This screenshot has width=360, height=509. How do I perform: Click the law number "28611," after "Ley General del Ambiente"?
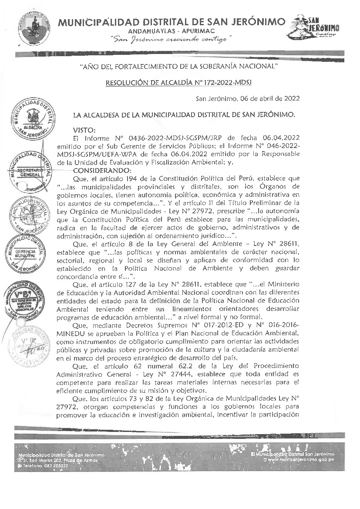point(286,244)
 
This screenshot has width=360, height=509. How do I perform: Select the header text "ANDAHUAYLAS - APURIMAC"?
point(172,32)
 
